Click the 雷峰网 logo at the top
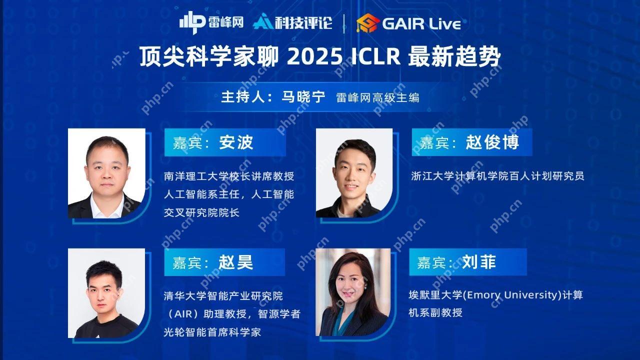coord(211,22)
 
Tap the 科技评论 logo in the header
coord(292,22)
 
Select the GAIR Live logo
coord(408,23)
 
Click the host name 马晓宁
coord(303,97)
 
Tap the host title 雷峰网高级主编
coord(377,97)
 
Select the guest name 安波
coord(236,142)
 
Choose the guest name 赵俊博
coord(492,142)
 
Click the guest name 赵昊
coord(235,262)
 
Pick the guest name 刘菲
coord(478,262)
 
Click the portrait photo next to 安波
coord(106,173)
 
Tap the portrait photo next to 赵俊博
coord(354,173)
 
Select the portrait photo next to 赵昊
coord(106,293)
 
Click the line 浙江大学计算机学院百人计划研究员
coord(497,176)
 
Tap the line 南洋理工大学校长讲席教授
coord(229,176)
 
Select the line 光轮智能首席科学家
coord(212,332)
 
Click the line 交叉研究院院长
coord(201,212)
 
